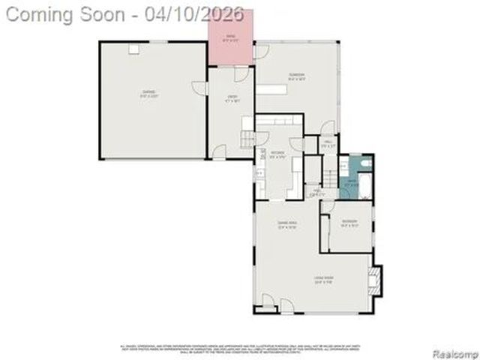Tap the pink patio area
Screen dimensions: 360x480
point(230,37)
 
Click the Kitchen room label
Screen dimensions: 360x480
point(278,155)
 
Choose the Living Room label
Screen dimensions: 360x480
point(323,281)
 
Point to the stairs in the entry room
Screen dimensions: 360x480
point(247,138)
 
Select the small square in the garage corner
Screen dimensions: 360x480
point(134,49)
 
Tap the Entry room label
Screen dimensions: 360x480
point(232,97)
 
